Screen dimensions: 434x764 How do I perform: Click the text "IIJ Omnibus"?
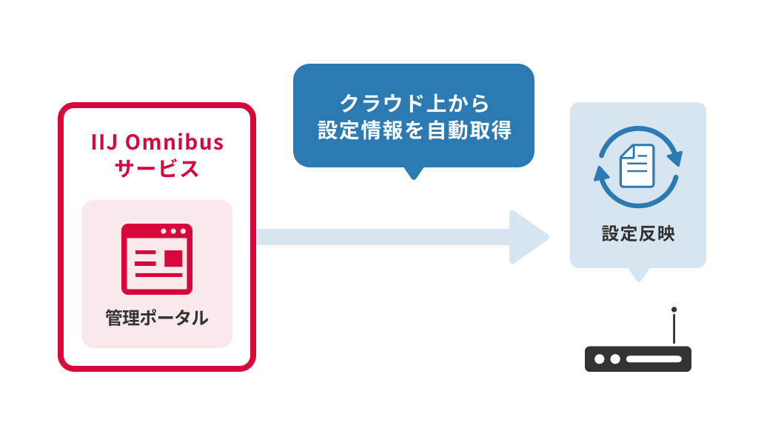click(157, 141)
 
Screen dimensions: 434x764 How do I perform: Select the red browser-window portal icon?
click(157, 258)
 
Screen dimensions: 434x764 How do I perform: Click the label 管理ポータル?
click(157, 318)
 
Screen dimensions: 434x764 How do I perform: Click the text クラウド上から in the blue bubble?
click(415, 103)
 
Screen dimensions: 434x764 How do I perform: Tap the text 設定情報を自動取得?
click(415, 131)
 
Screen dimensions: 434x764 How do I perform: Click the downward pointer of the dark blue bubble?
click(415, 173)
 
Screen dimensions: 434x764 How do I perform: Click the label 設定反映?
click(638, 234)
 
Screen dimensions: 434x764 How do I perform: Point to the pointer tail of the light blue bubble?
click(638, 274)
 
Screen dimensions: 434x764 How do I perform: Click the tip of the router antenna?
click(674, 310)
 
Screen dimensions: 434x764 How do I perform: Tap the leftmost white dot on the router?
click(598, 359)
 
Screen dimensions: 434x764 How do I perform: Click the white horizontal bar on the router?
click(654, 359)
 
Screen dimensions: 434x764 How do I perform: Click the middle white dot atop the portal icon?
click(173, 231)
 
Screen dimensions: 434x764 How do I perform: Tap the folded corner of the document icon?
click(626, 151)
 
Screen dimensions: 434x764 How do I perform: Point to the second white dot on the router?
click(614, 359)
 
